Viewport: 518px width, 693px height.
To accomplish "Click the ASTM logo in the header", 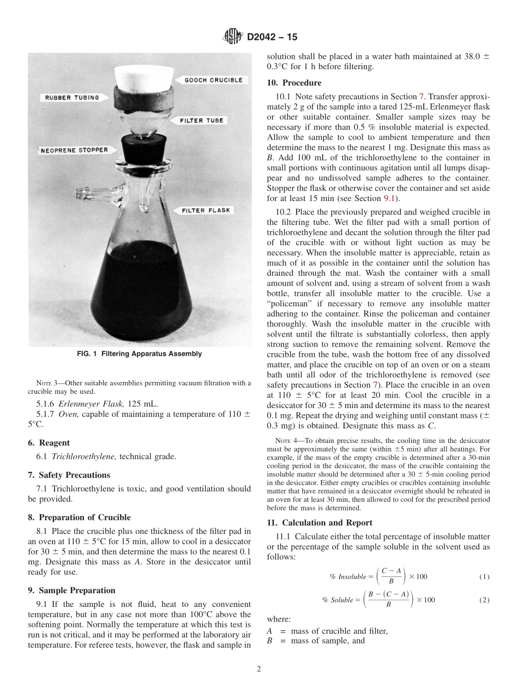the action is coord(233,38).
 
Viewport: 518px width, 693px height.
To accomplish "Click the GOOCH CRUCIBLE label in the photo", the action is coord(213,80).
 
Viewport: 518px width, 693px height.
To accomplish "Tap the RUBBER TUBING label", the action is coord(72,98).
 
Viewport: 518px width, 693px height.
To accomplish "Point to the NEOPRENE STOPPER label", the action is coord(74,150).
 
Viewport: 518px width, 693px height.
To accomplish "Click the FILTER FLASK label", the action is coord(206,210).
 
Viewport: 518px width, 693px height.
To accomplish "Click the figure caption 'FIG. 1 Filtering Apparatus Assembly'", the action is coord(140,354).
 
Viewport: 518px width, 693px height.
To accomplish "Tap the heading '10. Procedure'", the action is coord(294,83).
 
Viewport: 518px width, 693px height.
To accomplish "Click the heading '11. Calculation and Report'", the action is coord(320,522).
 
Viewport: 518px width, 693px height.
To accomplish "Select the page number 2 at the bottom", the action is coord(259,669).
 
